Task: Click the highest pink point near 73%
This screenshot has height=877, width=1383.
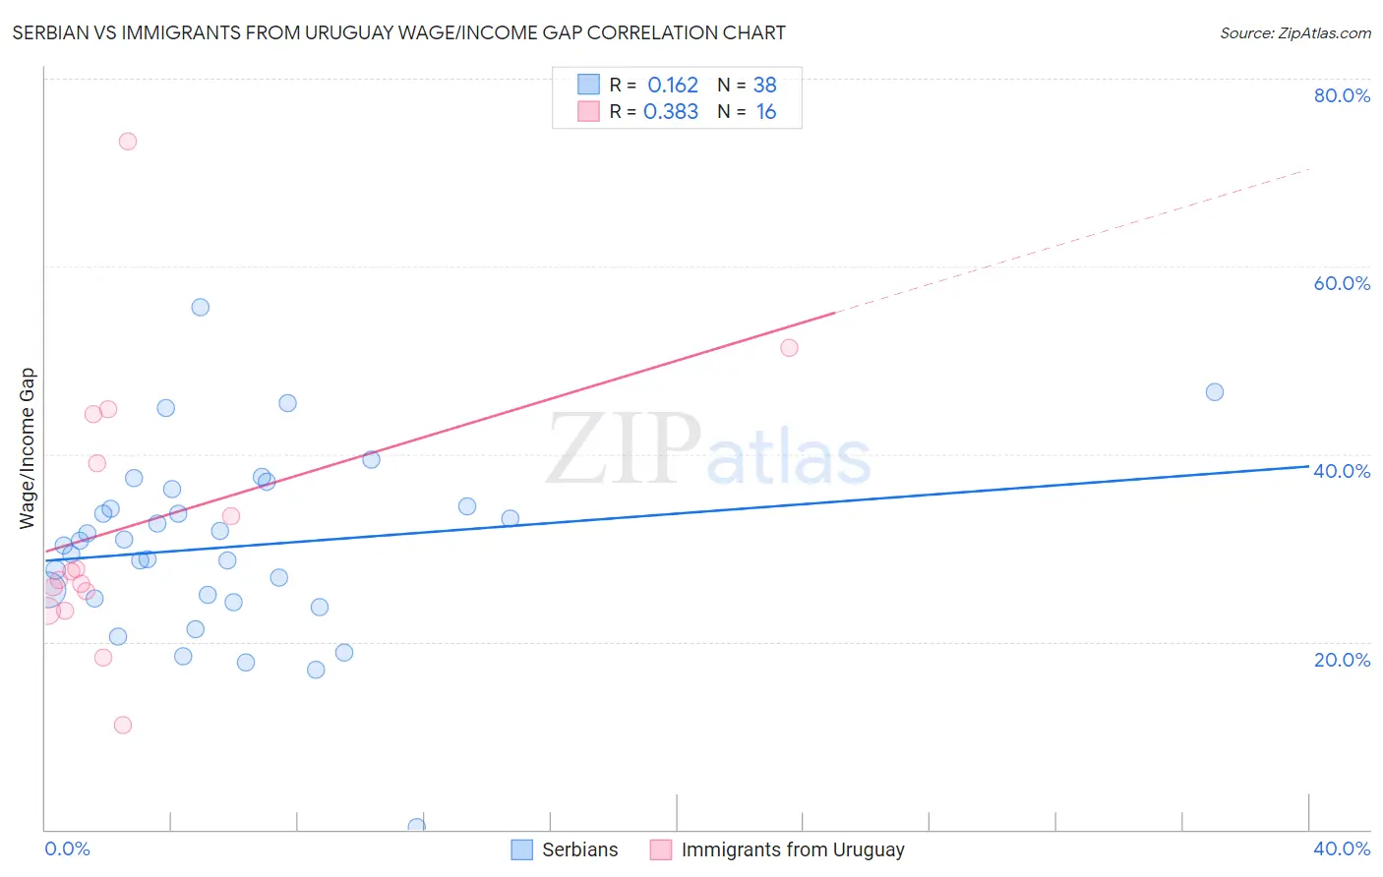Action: (127, 141)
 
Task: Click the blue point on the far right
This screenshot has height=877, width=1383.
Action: (1215, 391)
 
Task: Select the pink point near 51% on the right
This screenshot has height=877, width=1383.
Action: (789, 347)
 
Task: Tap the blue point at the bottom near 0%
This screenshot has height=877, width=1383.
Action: (416, 827)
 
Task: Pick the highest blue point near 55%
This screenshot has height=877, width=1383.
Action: (200, 307)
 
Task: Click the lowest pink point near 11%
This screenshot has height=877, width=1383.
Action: (123, 725)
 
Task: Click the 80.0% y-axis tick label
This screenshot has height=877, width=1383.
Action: (1342, 95)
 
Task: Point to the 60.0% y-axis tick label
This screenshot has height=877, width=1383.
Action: (1342, 283)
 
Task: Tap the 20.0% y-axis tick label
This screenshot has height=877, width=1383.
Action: (1342, 660)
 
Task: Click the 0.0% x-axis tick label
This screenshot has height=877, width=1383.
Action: (67, 848)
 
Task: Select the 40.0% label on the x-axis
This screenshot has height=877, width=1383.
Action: (1342, 848)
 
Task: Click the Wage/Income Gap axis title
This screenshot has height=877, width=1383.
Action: (28, 448)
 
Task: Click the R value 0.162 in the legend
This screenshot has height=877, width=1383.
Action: (673, 86)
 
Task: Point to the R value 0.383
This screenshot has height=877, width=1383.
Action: (671, 112)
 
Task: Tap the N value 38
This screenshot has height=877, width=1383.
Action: (764, 86)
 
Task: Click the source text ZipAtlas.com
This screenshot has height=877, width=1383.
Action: (1295, 32)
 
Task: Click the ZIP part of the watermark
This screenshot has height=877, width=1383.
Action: (623, 449)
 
